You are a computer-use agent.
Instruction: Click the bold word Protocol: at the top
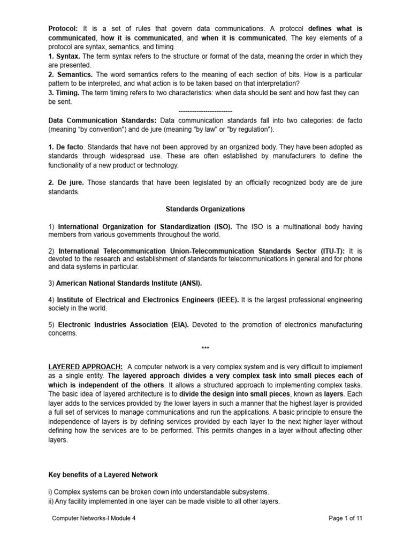tap(63, 28)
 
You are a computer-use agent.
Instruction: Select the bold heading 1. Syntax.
tap(65, 56)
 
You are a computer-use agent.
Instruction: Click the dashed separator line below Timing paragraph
tap(205, 111)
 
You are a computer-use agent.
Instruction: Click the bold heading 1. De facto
tap(66, 147)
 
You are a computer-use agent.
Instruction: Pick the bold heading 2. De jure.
tap(66, 183)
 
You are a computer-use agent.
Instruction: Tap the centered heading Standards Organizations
tap(205, 209)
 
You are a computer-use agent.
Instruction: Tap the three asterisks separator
tap(205, 349)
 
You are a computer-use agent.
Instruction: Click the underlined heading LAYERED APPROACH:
tap(86, 367)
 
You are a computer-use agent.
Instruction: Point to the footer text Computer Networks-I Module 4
tap(94, 519)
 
